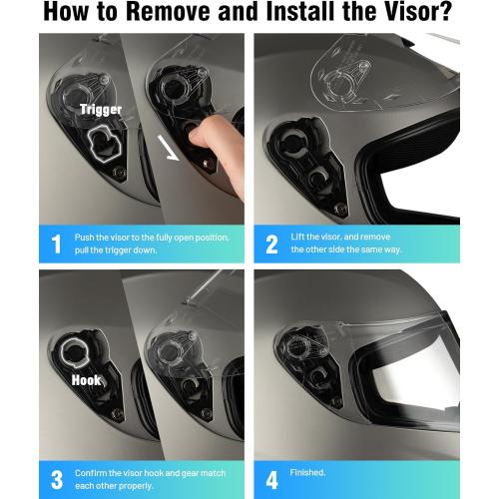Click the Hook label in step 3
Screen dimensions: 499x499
87,379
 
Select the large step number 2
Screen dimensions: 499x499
271,242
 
